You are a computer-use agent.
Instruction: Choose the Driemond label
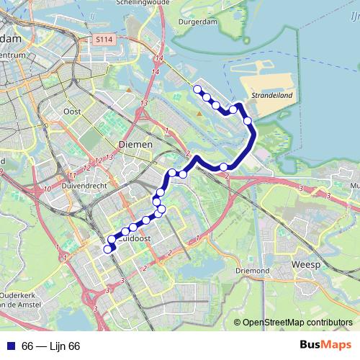coord(251,271)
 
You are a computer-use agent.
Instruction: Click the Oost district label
coord(72,112)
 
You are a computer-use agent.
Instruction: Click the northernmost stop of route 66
coord(197,89)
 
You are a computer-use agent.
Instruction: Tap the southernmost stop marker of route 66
coord(108,249)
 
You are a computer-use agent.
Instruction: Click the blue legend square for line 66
coord(10,346)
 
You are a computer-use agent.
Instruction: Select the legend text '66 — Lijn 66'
coord(51,346)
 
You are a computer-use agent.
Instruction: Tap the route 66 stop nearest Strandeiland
coord(248,121)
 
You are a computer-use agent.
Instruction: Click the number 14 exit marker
coord(158,58)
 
